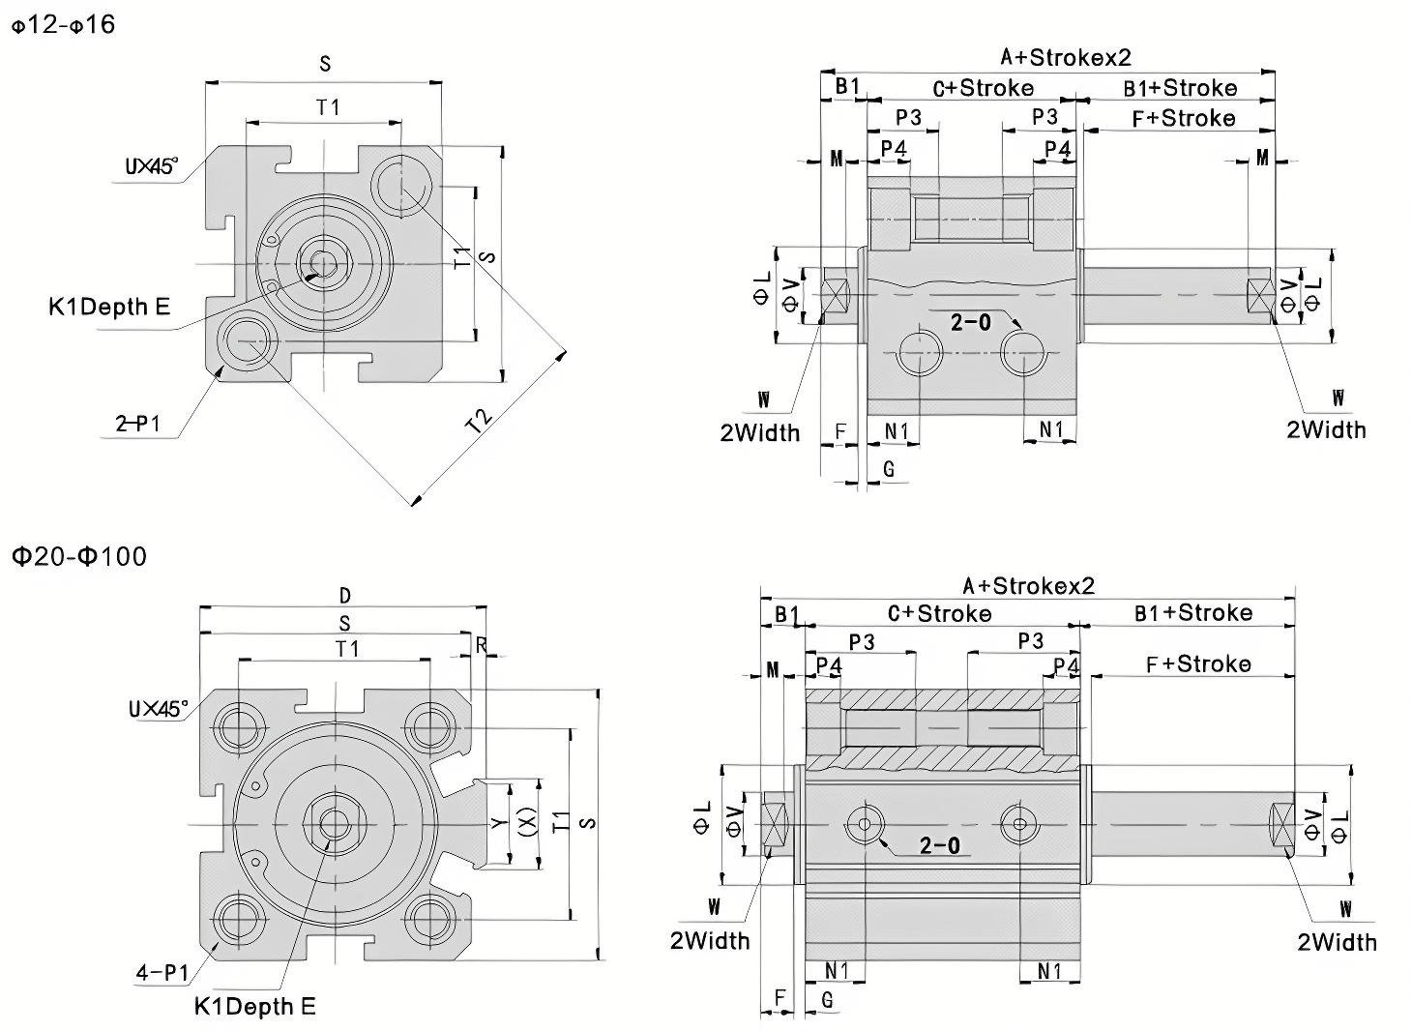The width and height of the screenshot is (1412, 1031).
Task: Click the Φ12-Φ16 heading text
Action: [x=63, y=24]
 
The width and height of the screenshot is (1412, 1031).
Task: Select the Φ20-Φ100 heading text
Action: [x=79, y=557]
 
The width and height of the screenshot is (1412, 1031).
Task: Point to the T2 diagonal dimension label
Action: [x=480, y=420]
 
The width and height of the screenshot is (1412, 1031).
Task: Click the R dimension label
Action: [x=481, y=645]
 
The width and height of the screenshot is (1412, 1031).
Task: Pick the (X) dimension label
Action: [x=527, y=822]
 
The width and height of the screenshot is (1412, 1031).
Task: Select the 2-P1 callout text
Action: [x=138, y=424]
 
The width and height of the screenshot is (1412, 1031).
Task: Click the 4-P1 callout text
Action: [x=162, y=972]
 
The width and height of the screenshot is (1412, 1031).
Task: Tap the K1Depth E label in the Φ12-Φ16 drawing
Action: [x=109, y=308]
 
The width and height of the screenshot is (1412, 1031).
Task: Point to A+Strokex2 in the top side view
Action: [x=1065, y=57]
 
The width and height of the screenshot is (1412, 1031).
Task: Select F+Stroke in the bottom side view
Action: [x=1197, y=664]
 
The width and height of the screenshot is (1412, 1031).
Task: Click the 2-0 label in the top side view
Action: [x=970, y=323]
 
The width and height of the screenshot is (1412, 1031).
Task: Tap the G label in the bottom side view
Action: [x=827, y=999]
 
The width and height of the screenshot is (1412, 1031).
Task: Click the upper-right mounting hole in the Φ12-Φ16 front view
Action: [x=402, y=185]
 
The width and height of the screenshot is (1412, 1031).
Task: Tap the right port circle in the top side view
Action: [x=1025, y=354]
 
